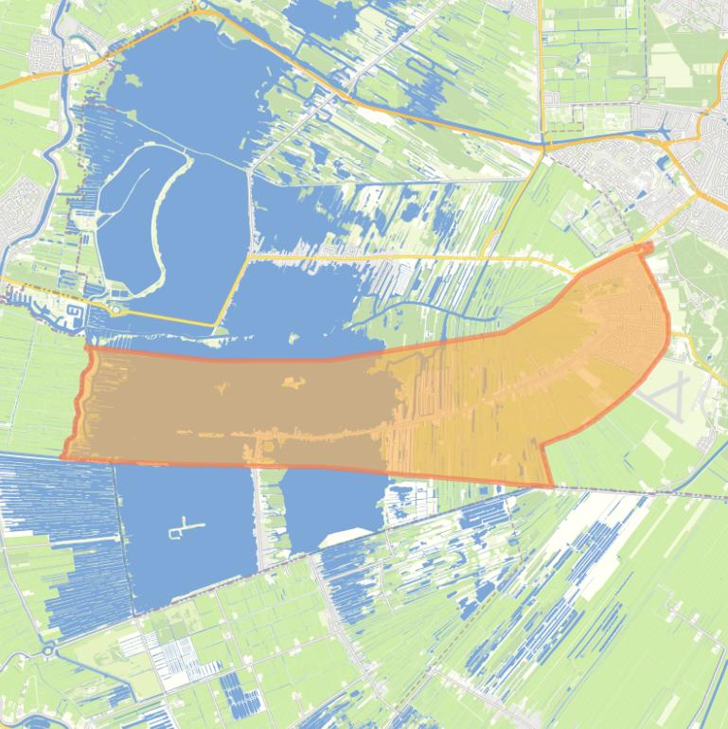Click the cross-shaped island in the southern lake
pos(186,527)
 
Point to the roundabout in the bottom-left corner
pos(47,650)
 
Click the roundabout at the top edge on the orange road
pos(200,6)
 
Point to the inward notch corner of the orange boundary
pos(541,444)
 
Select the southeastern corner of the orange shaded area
pos(552,487)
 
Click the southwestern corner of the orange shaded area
pos(63,458)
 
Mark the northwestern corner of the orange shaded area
pos(88,347)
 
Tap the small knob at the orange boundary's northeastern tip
pos(647,247)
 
